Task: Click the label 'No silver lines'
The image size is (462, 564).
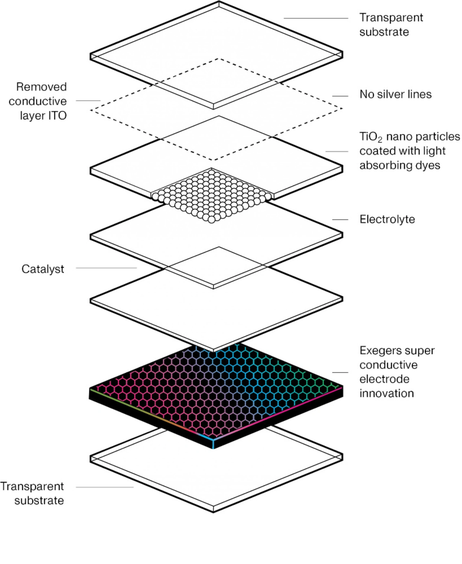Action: pos(395,95)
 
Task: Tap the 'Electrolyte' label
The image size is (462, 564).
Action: pos(387,219)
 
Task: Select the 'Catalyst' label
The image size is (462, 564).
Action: pos(43,269)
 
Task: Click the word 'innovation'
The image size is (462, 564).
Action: pos(386,393)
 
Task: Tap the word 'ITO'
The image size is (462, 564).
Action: pos(57,116)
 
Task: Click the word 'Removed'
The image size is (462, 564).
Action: pos(42,87)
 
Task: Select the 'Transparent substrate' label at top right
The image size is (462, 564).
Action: pos(391,25)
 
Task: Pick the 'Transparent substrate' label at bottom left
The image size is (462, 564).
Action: pos(32,493)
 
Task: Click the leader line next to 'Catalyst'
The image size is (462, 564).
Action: pos(106,268)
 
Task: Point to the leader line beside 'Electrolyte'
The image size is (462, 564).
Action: pos(340,219)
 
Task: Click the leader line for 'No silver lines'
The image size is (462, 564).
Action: pos(340,96)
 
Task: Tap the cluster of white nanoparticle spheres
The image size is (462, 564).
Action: pos(211,195)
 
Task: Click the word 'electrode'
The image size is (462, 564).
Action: pos(384,379)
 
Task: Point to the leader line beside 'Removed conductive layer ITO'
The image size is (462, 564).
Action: pos(88,101)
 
